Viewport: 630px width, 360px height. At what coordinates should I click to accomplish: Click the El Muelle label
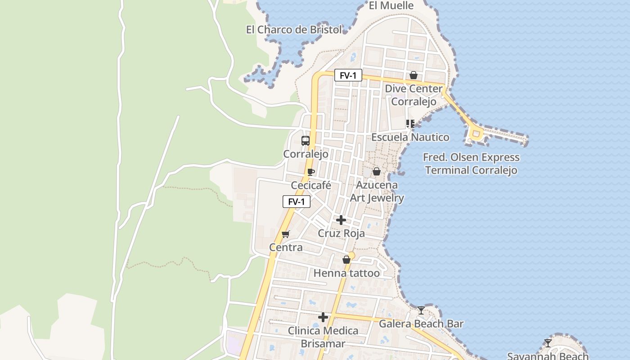pyautogui.click(x=391, y=6)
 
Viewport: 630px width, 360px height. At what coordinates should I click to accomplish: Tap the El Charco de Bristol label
pyautogui.click(x=294, y=30)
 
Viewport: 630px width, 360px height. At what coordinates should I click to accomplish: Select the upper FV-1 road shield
pyautogui.click(x=348, y=76)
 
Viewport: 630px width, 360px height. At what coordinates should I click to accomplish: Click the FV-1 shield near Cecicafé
pyautogui.click(x=297, y=202)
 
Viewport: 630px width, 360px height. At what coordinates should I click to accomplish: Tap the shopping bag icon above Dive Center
pyautogui.click(x=414, y=75)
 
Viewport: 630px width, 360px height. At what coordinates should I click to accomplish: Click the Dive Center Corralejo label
pyautogui.click(x=414, y=95)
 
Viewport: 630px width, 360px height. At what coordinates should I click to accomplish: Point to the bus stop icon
pyautogui.click(x=306, y=140)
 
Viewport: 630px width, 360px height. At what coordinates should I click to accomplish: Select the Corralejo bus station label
pyautogui.click(x=306, y=154)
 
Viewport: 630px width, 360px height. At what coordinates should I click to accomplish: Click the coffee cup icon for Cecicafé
pyautogui.click(x=310, y=171)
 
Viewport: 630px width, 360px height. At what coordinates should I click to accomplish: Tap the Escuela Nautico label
pyautogui.click(x=410, y=137)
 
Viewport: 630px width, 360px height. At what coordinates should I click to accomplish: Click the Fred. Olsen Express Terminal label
pyautogui.click(x=471, y=164)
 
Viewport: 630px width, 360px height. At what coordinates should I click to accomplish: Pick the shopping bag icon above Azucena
pyautogui.click(x=377, y=171)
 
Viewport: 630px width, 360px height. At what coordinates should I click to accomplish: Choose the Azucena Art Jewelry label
pyautogui.click(x=377, y=191)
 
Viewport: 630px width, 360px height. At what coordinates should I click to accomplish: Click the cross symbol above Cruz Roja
pyautogui.click(x=341, y=220)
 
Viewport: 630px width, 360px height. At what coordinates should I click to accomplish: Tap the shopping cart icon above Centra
pyautogui.click(x=285, y=234)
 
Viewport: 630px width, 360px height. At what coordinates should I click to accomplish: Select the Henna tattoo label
pyautogui.click(x=346, y=273)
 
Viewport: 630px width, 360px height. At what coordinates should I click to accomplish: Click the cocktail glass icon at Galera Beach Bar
pyautogui.click(x=421, y=310)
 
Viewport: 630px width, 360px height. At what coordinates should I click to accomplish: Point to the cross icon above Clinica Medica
pyautogui.click(x=323, y=317)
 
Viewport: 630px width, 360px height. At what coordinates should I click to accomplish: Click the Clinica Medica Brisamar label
pyautogui.click(x=323, y=337)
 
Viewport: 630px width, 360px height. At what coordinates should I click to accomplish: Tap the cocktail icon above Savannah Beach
pyautogui.click(x=548, y=343)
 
